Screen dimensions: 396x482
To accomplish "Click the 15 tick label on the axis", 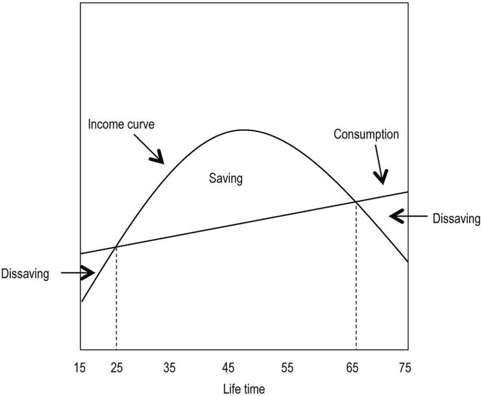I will (80, 368).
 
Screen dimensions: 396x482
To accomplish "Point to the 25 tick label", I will (116, 368).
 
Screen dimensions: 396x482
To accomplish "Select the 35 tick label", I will (169, 368).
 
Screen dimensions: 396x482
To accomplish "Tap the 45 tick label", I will (228, 368).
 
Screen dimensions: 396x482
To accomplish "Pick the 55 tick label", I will (287, 368).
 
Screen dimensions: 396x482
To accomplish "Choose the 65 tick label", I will (352, 368).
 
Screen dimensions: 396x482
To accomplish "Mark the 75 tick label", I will (405, 368).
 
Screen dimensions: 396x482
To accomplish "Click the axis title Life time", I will (244, 389).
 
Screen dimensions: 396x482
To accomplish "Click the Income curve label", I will (121, 124).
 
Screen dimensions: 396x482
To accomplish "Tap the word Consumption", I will (366, 135).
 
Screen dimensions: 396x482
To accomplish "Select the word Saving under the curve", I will (225, 179).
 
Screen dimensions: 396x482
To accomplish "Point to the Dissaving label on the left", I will (25, 273).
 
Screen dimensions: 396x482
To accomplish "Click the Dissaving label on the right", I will (456, 219).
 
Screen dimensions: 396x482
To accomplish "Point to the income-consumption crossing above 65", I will (355, 201).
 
